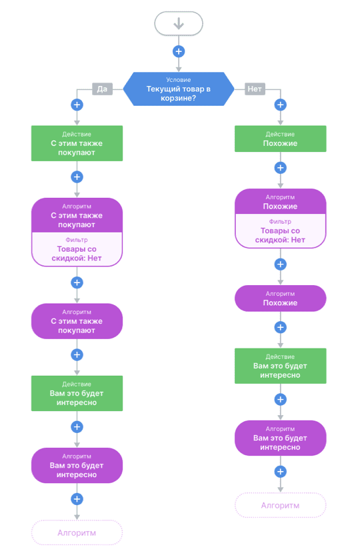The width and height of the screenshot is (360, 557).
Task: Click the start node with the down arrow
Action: pyautogui.click(x=179, y=23)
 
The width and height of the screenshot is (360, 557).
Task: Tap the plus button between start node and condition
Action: pyautogui.click(x=179, y=51)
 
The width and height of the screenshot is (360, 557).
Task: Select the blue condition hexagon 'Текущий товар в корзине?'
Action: pyautogui.click(x=179, y=89)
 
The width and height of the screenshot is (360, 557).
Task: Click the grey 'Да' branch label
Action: pyautogui.click(x=103, y=89)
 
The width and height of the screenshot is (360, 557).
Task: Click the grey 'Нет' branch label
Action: pyautogui.click(x=255, y=89)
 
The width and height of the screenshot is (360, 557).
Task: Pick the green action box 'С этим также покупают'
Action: pyautogui.click(x=77, y=143)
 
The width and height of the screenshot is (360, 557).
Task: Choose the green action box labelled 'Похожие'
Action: pyautogui.click(x=281, y=139)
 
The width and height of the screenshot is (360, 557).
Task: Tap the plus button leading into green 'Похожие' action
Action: pyautogui.click(x=281, y=105)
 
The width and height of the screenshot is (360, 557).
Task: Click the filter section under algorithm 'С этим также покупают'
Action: pyautogui.click(x=77, y=249)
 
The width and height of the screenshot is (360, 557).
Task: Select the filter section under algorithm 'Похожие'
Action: pyautogui.click(x=281, y=231)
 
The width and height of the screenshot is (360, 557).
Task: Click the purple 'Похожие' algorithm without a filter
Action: pyautogui.click(x=281, y=298)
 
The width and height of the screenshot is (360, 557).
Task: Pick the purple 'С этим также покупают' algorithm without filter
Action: pyautogui.click(x=77, y=321)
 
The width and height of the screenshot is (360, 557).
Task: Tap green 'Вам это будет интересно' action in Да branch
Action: pyautogui.click(x=77, y=393)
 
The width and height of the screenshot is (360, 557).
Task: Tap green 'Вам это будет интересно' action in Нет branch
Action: pyautogui.click(x=281, y=366)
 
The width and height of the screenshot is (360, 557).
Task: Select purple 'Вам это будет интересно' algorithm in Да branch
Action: pyautogui.click(x=77, y=465)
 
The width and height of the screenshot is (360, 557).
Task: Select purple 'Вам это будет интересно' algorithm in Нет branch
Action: pyautogui.click(x=281, y=438)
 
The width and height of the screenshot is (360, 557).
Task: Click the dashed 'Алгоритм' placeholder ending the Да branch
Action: pyautogui.click(x=77, y=532)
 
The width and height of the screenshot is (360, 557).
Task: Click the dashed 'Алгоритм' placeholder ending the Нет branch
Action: pyautogui.click(x=281, y=505)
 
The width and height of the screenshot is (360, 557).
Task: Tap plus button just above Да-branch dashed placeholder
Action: pyautogui.click(x=77, y=499)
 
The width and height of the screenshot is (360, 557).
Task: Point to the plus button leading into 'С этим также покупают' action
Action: pyautogui.click(x=77, y=105)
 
